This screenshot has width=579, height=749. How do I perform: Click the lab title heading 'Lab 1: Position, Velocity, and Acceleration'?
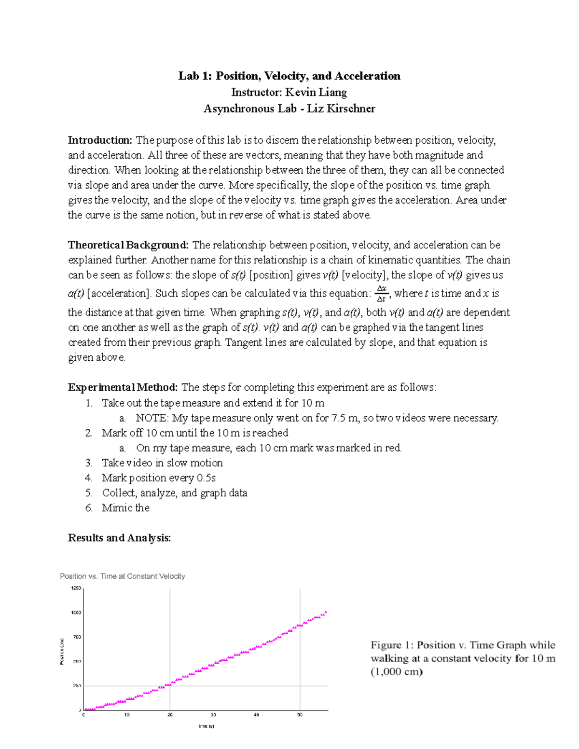pos(289,76)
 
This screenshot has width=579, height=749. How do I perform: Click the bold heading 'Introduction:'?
pos(100,140)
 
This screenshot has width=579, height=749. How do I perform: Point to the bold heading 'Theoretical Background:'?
pos(128,245)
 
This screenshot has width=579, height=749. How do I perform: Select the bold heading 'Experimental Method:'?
pos(123,387)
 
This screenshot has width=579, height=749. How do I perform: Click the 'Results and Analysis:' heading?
pos(119,538)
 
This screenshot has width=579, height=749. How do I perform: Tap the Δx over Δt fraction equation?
pos(381,293)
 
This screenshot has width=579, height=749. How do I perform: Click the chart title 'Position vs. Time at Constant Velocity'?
pos(123,576)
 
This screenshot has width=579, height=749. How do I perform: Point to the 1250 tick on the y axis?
pos(76,588)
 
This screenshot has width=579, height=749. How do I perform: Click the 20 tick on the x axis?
pos(170,715)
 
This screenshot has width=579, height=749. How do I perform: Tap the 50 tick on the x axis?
pos(300,715)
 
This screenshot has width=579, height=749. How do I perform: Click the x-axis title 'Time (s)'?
pos(206,726)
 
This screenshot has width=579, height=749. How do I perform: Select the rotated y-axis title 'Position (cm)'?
pos(62,651)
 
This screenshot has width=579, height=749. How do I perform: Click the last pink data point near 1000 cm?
pos(326,612)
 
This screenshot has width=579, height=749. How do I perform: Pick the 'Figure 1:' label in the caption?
pos(392,645)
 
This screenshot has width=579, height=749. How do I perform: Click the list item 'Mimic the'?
pos(125,508)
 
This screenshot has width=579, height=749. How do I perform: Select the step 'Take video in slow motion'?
pos(162,463)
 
